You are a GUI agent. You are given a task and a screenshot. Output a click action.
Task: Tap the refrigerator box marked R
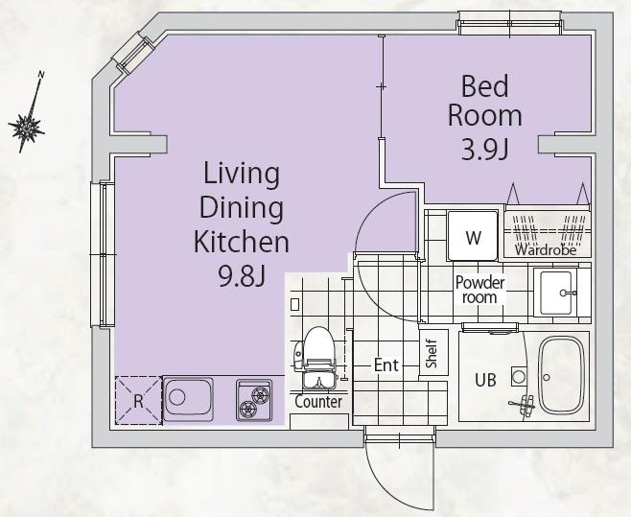coord(138,400)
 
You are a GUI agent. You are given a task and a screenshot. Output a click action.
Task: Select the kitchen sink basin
coord(188,399)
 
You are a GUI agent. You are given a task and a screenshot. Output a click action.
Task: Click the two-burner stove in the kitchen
coord(253,400)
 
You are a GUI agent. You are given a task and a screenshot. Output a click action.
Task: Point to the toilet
coord(315,358)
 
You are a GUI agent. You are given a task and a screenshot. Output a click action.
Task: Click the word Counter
coord(318,402)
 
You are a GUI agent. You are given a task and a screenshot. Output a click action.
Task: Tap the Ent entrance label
coord(386,365)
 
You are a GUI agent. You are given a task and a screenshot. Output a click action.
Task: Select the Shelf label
coord(432,354)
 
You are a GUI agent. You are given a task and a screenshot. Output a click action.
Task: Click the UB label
coord(486,380)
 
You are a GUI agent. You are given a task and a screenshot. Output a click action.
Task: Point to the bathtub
coord(561,375)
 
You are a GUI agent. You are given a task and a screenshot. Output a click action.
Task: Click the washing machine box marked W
coord(473,236)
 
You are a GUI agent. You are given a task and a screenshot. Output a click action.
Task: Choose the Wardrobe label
coord(545,250)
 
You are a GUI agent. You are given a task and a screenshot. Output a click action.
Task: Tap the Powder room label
coord(479,290)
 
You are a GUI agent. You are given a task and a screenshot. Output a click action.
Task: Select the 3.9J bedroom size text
coord(485,151)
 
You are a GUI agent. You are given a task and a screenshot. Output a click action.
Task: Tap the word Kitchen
coord(242,242)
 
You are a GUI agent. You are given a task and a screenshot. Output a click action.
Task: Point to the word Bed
coord(484,86)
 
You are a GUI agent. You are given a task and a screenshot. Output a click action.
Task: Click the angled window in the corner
coord(133,55)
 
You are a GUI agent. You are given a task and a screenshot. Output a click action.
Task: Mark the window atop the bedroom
coord(510,23)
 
